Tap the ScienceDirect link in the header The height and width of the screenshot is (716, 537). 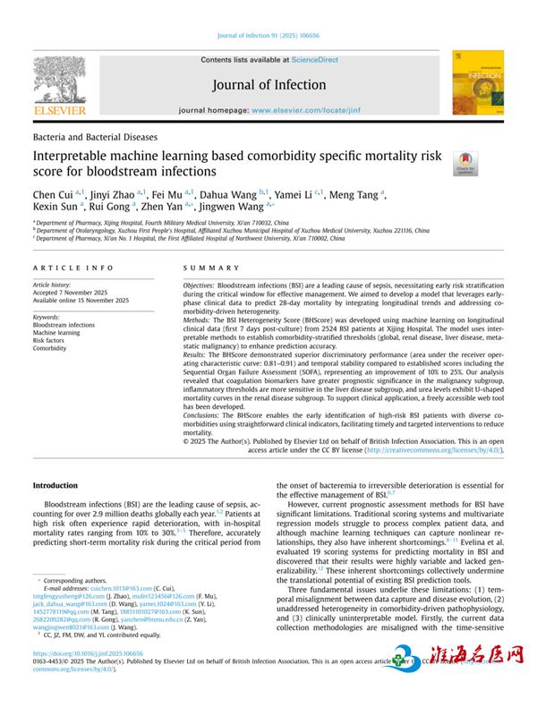click(x=315, y=59)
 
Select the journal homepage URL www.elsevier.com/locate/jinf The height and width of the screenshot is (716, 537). click(x=312, y=109)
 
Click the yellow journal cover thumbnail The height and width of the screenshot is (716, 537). click(x=471, y=82)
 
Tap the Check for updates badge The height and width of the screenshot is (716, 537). click(x=465, y=163)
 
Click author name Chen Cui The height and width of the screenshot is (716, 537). click(x=53, y=192)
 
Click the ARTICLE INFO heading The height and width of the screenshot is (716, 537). click(x=73, y=268)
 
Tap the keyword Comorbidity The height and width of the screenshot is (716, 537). click(x=52, y=348)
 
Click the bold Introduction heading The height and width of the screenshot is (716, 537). click(x=55, y=485)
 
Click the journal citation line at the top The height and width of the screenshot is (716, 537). click(x=268, y=37)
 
